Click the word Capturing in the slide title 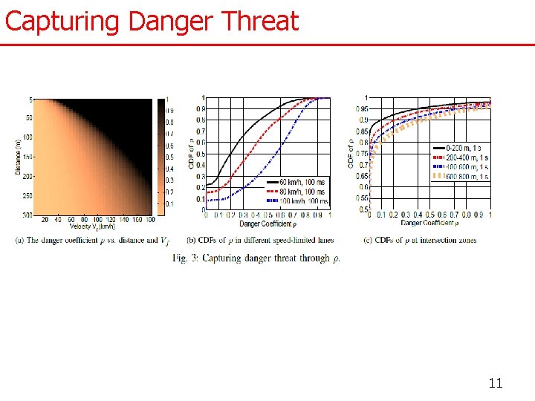point(63,21)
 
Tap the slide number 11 point(496,383)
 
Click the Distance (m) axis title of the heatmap point(17,155)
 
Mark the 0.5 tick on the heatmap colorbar point(170,157)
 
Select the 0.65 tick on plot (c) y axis point(360,176)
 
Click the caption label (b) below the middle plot point(191,240)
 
